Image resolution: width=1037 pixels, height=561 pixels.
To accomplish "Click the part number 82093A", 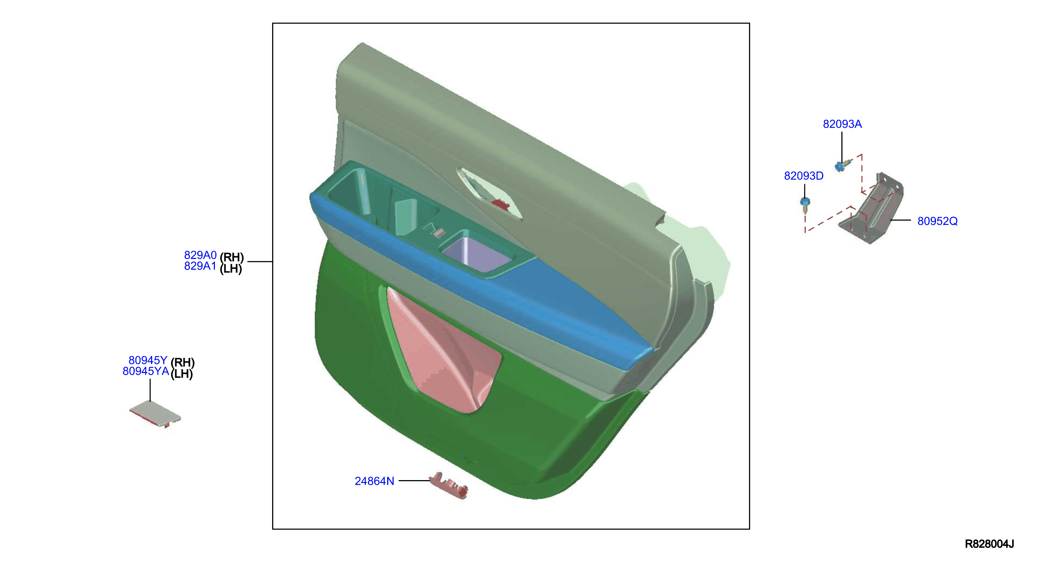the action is tap(842, 124).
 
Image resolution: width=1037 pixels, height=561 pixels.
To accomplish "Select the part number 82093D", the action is tap(803, 176).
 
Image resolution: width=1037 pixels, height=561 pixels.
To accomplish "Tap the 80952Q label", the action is tap(937, 221).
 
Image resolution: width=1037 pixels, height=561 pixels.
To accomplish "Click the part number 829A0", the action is tap(200, 255).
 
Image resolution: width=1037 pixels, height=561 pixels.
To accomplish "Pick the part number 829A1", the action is tap(200, 266).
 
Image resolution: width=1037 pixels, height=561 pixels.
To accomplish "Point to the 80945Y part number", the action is tap(148, 360).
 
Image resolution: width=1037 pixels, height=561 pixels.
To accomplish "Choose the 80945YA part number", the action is tap(146, 371).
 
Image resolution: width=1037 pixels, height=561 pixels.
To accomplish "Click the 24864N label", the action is tap(374, 481).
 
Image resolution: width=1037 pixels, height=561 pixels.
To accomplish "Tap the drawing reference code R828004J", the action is tap(989, 544).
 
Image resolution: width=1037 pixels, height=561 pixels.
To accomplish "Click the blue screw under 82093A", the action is tap(842, 165).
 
